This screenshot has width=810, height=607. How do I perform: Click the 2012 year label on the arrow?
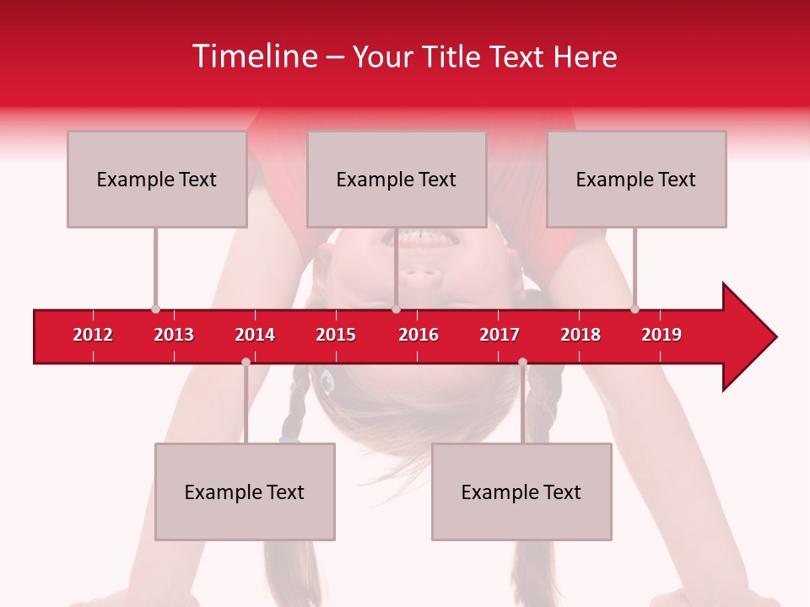coord(93,335)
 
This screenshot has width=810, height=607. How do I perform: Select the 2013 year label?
coord(174,335)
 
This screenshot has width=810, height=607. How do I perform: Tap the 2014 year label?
coord(255,335)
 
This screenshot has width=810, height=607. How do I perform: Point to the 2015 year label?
coord(336,335)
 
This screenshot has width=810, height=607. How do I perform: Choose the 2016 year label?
coord(418,335)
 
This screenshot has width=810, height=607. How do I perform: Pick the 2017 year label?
coord(499,335)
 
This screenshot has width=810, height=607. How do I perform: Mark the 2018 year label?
coord(580,335)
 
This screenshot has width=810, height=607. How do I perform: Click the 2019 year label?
coord(661,335)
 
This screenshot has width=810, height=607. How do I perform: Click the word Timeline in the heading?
coord(253,56)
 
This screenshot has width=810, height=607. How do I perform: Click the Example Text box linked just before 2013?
coord(157,179)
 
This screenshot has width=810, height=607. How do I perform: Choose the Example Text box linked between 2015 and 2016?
coord(397,179)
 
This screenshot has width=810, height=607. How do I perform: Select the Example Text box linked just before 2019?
coord(636,179)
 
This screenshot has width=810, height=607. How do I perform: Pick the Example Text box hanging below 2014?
coord(245,492)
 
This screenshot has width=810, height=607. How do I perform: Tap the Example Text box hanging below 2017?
coord(521,492)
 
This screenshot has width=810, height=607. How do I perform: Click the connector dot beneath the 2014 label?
coord(246,362)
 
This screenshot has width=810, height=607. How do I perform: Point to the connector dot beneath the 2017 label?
coord(522,362)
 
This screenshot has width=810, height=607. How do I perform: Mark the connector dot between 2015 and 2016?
coord(396,309)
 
